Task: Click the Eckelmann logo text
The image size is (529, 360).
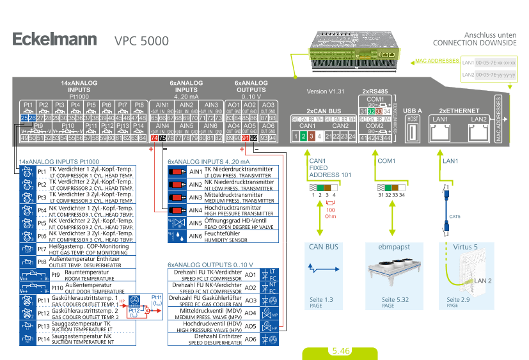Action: (x=54, y=40)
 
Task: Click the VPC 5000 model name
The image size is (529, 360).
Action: (x=141, y=41)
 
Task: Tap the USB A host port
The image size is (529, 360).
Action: (x=412, y=134)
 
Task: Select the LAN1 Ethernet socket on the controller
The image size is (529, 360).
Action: (x=441, y=132)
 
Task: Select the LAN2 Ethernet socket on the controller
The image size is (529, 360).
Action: (x=478, y=132)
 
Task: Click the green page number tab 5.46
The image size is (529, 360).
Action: (x=340, y=351)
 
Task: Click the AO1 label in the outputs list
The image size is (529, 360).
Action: (x=251, y=274)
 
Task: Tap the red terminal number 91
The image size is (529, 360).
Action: (x=245, y=137)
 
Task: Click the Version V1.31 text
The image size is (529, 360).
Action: (x=326, y=91)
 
